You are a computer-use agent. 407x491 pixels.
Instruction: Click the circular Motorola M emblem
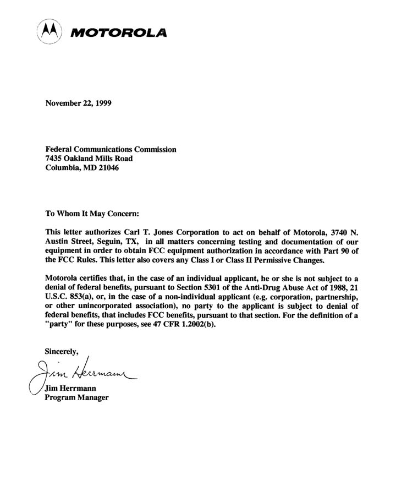click(x=49, y=31)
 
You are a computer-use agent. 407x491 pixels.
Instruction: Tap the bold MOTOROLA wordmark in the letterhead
click(x=118, y=33)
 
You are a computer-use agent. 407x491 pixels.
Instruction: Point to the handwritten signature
click(x=82, y=374)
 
